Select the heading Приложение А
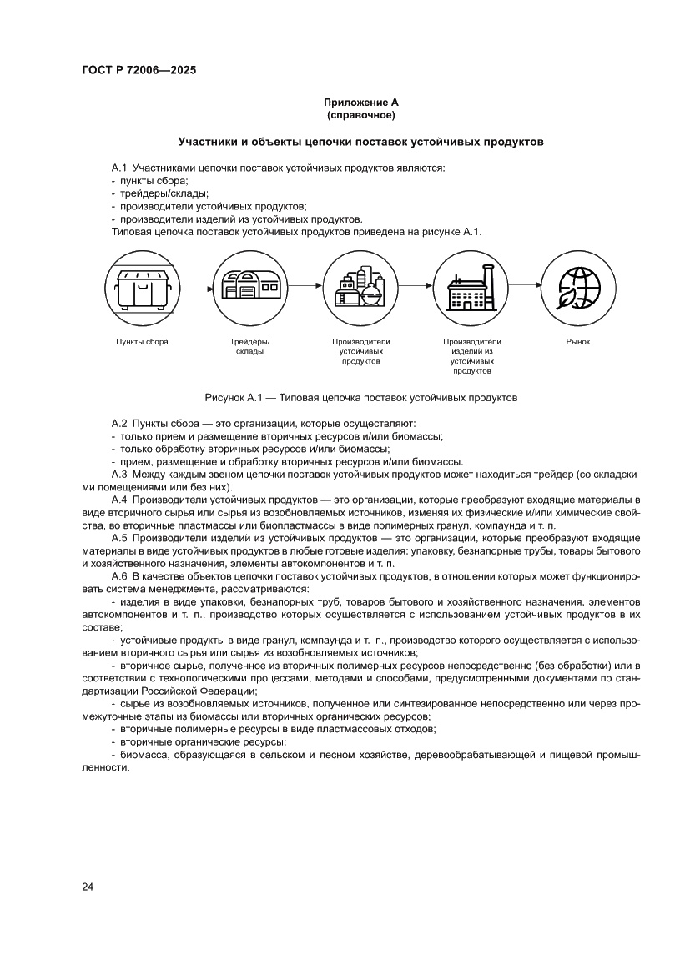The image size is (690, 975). [361, 102]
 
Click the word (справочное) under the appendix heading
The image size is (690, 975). [361, 114]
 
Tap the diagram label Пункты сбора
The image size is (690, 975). [142, 342]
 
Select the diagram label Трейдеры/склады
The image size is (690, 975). [250, 346]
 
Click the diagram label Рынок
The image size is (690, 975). [577, 342]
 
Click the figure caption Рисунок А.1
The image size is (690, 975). [361, 398]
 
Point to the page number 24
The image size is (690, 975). [88, 887]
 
